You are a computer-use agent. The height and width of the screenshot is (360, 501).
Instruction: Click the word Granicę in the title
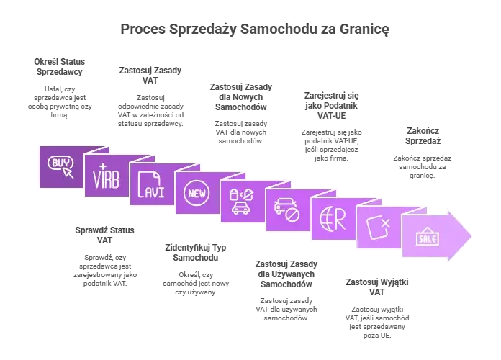pyautogui.click(x=364, y=30)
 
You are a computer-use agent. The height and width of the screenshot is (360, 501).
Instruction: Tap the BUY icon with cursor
pyautogui.click(x=60, y=166)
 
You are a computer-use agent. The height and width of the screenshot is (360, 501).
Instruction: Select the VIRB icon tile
pyautogui.click(x=106, y=176)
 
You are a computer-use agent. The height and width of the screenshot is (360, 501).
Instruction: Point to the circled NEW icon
pyautogui.click(x=197, y=193)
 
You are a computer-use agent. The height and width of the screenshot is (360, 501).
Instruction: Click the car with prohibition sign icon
pyautogui.click(x=287, y=210)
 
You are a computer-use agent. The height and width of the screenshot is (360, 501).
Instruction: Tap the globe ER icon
pyautogui.click(x=333, y=219)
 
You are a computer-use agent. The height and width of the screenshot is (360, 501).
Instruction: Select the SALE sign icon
pyautogui.click(x=428, y=237)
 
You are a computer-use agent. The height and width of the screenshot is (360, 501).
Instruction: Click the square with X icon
pyautogui.click(x=379, y=228)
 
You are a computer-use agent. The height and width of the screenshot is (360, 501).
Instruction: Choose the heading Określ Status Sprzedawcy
pyautogui.click(x=60, y=67)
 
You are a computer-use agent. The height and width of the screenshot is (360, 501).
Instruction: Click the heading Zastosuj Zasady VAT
pyautogui.click(x=150, y=76)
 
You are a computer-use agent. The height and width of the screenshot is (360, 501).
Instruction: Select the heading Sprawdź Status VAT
pyautogui.click(x=105, y=235)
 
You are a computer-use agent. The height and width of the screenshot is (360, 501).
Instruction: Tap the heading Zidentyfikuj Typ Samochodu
pyautogui.click(x=196, y=253)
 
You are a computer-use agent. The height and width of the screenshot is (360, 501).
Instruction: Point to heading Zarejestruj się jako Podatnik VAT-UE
pyautogui.click(x=331, y=106)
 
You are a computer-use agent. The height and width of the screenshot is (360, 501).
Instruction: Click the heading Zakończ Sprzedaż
pyautogui.click(x=423, y=136)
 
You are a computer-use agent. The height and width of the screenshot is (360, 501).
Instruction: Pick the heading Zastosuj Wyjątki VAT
pyautogui.click(x=377, y=287)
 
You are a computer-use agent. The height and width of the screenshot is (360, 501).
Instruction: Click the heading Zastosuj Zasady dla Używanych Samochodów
pyautogui.click(x=286, y=274)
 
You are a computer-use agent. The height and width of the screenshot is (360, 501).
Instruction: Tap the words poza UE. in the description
pyautogui.click(x=377, y=336)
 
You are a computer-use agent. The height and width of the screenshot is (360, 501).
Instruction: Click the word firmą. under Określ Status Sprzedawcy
pyautogui.click(x=60, y=114)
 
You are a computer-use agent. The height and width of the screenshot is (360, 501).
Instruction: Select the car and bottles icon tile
pyautogui.click(x=242, y=202)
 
